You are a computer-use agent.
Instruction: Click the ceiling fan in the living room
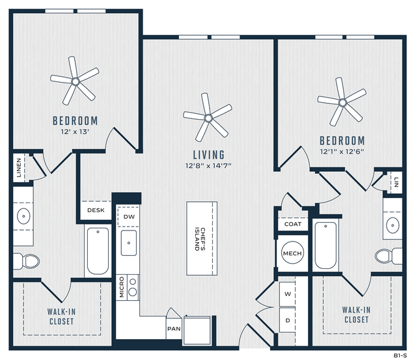click(x=208, y=118)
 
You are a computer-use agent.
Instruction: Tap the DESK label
click(x=96, y=210)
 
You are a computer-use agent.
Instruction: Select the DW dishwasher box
click(x=128, y=217)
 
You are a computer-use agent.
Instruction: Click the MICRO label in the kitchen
click(x=122, y=287)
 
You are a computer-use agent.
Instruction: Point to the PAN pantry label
click(x=174, y=329)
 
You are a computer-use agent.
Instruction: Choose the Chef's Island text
click(x=200, y=239)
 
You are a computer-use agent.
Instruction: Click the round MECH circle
click(x=292, y=253)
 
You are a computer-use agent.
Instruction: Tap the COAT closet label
click(x=293, y=224)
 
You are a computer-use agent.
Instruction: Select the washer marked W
click(x=287, y=294)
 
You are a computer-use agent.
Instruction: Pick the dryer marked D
click(x=287, y=320)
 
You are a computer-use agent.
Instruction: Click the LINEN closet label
click(x=19, y=168)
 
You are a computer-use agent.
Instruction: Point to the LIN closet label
click(x=396, y=182)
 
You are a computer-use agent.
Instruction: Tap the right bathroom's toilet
click(x=389, y=256)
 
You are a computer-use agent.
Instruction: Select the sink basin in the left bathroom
click(x=23, y=216)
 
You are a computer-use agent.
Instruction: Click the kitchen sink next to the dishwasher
click(x=129, y=243)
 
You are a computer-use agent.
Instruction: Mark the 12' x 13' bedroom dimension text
click(x=75, y=132)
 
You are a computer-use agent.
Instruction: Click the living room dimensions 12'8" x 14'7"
click(x=208, y=166)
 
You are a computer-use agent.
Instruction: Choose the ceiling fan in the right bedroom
click(x=342, y=102)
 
